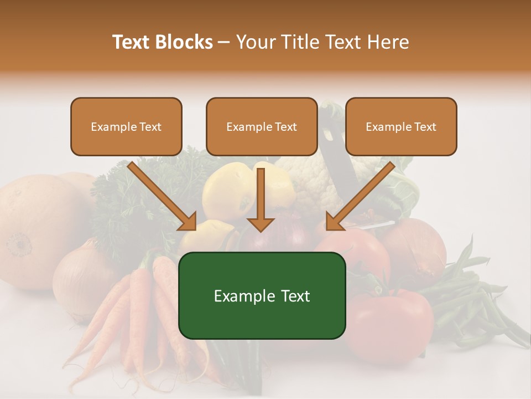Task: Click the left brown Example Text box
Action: coord(126,127)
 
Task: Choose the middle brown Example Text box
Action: coord(262,127)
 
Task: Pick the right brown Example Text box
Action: coord(401,127)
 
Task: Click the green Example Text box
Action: coord(262,296)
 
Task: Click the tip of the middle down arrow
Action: coord(261,229)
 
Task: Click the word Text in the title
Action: coord(132,42)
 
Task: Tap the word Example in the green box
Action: coord(241,296)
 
